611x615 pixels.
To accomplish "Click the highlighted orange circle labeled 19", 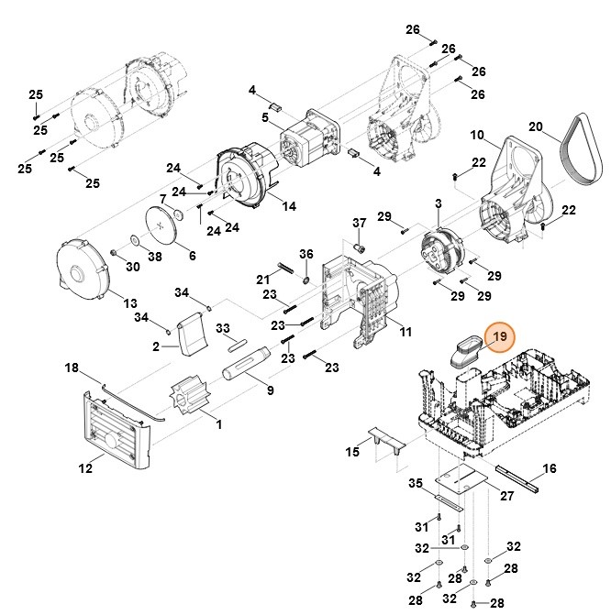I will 501,339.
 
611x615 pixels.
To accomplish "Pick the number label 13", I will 130,303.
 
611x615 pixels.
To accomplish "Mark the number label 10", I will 477,136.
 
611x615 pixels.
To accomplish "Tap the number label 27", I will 506,495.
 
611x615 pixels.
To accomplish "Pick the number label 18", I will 72,368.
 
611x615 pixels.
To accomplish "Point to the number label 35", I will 416,483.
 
